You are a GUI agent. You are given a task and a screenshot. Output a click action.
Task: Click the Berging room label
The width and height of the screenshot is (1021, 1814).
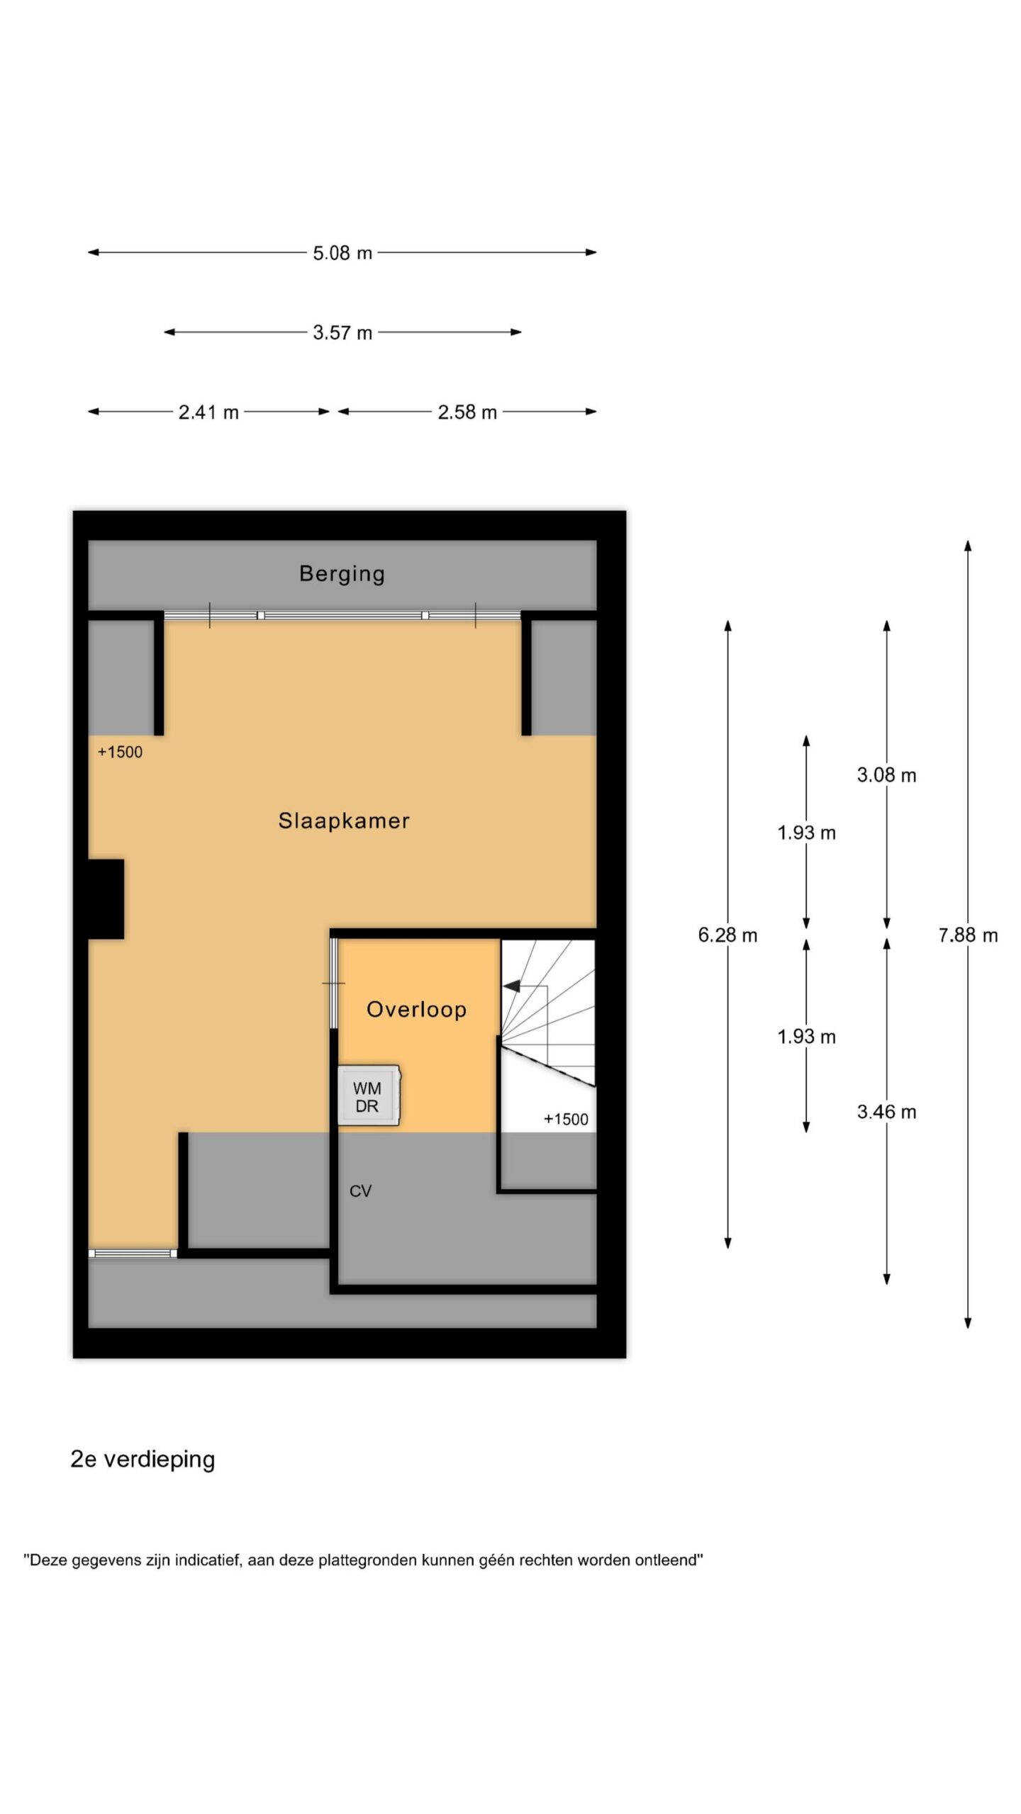pyautogui.click(x=342, y=573)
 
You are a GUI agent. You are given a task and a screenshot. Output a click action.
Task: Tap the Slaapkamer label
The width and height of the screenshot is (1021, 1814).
pyautogui.click(x=344, y=821)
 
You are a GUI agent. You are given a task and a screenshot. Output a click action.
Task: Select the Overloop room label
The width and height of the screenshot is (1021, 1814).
pyautogui.click(x=416, y=1009)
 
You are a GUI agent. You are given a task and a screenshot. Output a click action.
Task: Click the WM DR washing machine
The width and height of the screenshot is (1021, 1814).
pyautogui.click(x=369, y=1095)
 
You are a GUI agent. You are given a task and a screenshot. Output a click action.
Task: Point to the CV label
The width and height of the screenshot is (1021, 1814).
pyautogui.click(x=360, y=1191)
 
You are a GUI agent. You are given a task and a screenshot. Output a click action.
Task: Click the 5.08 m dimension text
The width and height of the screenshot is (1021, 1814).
pyautogui.click(x=342, y=253)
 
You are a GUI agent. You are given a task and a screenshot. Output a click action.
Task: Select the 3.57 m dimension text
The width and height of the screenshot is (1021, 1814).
pyautogui.click(x=342, y=332)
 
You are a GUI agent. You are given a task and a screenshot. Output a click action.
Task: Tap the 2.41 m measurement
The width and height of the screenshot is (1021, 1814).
pyautogui.click(x=208, y=412)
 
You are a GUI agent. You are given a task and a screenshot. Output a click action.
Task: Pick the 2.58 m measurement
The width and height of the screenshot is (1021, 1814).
pyautogui.click(x=467, y=412)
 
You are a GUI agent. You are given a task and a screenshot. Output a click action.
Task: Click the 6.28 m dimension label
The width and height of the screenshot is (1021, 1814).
pyautogui.click(x=727, y=935)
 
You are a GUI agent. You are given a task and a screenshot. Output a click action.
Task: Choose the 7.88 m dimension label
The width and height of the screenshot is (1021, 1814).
pyautogui.click(x=968, y=935)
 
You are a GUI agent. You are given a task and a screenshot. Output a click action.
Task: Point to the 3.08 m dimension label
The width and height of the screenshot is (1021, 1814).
pyautogui.click(x=886, y=775)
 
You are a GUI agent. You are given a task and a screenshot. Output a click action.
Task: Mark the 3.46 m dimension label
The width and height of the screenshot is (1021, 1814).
pyautogui.click(x=886, y=1112)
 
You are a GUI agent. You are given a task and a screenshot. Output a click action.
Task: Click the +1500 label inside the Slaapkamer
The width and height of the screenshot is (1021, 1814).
pyautogui.click(x=120, y=753)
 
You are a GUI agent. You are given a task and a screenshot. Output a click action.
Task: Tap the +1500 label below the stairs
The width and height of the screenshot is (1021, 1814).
pyautogui.click(x=566, y=1120)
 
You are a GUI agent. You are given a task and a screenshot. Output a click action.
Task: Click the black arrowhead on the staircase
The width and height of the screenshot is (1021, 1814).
pyautogui.click(x=511, y=986)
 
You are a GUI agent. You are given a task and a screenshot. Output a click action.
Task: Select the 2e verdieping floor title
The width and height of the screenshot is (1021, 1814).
pyautogui.click(x=143, y=1460)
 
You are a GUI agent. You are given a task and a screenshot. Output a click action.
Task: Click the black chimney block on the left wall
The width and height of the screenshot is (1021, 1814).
pyautogui.click(x=106, y=899)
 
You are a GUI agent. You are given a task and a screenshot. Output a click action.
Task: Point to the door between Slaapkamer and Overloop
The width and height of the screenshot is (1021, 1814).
pyautogui.click(x=333, y=984)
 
